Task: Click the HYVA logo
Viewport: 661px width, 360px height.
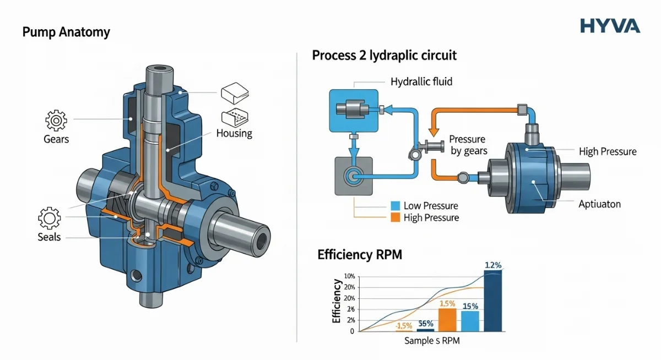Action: [610, 25]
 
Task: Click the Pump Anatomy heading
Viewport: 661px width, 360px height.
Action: [66, 32]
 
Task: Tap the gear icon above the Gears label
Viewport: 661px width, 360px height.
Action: [56, 119]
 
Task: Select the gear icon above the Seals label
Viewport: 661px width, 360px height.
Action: [50, 219]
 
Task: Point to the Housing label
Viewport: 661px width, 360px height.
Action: [234, 133]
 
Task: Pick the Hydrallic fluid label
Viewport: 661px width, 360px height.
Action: [422, 81]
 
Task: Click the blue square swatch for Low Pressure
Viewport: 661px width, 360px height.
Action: [394, 206]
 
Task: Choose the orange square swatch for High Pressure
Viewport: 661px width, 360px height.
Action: [394, 217]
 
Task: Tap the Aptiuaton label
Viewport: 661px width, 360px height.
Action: [600, 204]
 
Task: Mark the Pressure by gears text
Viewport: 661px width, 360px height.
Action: [468, 145]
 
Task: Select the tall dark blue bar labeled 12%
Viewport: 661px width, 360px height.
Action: [493, 301]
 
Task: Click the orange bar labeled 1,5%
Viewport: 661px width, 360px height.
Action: [448, 320]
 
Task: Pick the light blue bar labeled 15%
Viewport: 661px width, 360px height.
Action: [470, 321]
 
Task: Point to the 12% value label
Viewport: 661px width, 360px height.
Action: [493, 265]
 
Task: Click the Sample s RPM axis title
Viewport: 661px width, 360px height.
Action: [432, 341]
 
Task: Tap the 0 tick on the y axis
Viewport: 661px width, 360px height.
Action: [351, 331]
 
